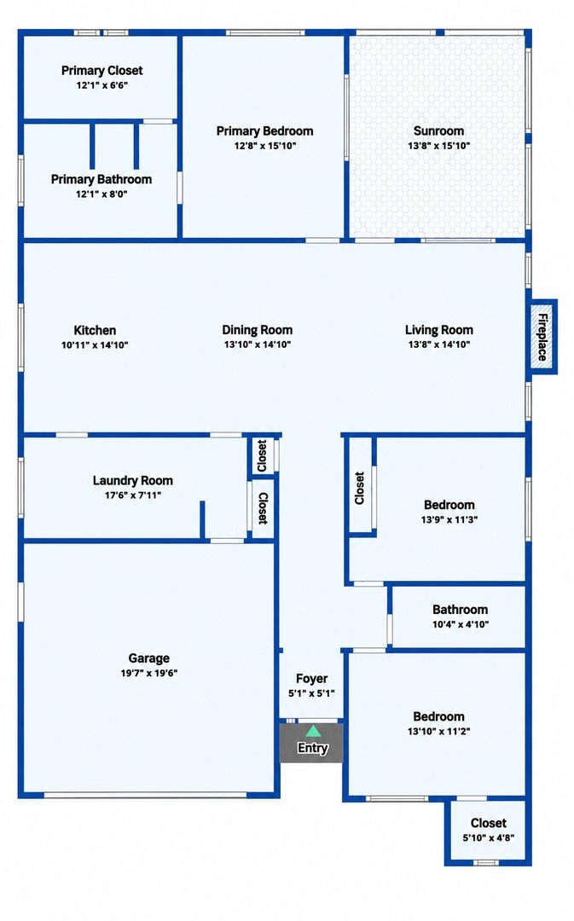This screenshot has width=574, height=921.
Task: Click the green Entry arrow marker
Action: [313, 731]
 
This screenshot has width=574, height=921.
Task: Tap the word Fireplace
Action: [542, 338]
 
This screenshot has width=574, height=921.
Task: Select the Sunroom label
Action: [439, 131]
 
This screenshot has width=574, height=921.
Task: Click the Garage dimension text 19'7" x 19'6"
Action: [149, 673]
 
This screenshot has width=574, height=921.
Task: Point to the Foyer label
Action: [312, 679]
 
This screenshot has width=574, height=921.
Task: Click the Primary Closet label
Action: [102, 71]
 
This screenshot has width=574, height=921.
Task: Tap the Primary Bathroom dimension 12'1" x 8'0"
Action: [101, 194]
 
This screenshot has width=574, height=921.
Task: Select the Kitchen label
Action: [95, 330]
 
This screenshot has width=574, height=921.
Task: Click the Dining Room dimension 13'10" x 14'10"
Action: [258, 345]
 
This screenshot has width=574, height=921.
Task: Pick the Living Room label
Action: [439, 330]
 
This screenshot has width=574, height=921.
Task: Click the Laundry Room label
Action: [133, 481]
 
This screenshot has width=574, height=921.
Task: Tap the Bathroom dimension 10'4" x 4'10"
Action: [461, 624]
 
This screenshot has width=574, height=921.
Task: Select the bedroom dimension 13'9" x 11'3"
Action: [449, 520]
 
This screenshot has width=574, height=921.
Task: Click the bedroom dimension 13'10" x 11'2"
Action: [439, 732]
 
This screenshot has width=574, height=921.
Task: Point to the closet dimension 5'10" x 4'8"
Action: [488, 837]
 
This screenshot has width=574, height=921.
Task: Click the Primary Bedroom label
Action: [265, 131]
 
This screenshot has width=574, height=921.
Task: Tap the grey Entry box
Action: [311, 743]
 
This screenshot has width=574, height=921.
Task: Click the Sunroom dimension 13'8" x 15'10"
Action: [439, 146]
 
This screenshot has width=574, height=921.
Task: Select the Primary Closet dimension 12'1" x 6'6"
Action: [102, 85]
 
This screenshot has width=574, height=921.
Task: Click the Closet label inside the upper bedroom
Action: [360, 488]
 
